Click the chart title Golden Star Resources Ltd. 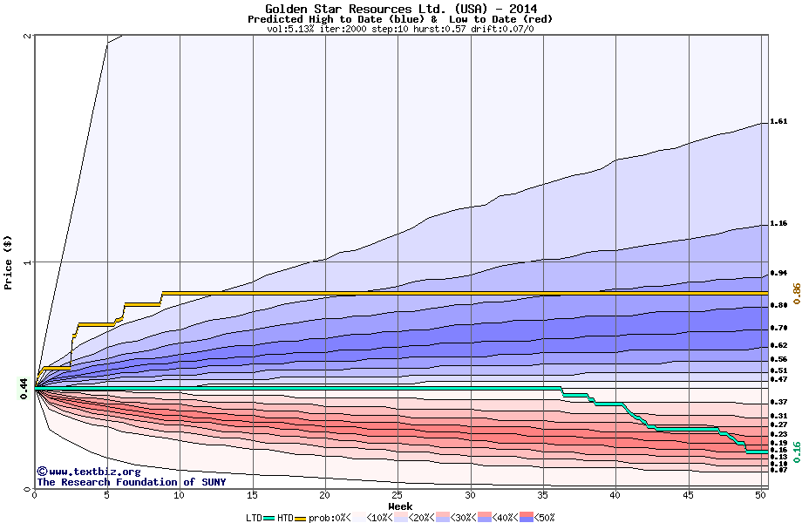click(x=400, y=9)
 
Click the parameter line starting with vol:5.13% click(x=400, y=29)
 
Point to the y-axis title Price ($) click(x=8, y=262)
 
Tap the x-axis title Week click(x=400, y=506)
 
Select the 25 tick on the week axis click(x=398, y=495)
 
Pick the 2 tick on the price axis click(x=28, y=36)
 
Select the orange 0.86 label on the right click(x=796, y=292)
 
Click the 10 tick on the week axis click(x=180, y=495)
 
